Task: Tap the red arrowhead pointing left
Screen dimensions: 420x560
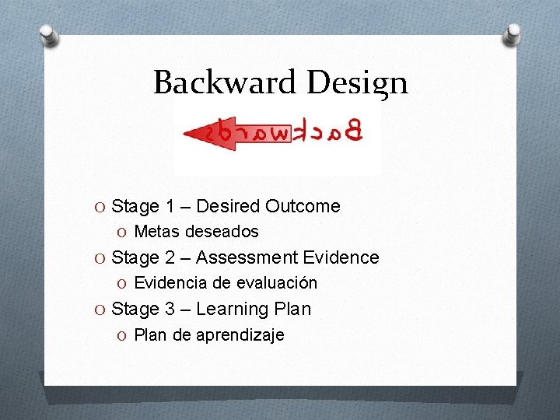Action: tap(196, 133)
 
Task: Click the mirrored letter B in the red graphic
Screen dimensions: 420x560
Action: tap(354, 131)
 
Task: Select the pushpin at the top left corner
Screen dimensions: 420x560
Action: tap(48, 34)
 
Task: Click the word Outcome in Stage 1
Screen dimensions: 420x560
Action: tap(303, 206)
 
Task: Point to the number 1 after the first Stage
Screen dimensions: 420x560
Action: tap(170, 206)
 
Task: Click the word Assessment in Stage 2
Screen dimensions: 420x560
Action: tap(247, 257)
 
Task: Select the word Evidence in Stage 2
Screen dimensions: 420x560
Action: tap(341, 257)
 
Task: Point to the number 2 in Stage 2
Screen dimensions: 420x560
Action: tap(170, 257)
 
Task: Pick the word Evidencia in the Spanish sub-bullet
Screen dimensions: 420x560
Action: tap(169, 283)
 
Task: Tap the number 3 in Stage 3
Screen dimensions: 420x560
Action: tap(170, 309)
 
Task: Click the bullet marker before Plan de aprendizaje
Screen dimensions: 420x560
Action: tap(124, 335)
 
